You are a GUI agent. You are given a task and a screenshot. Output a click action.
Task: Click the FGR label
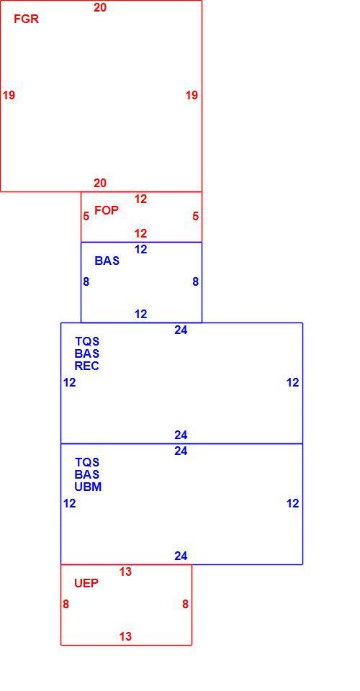pyautogui.click(x=26, y=19)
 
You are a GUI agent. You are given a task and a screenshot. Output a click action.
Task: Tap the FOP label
pyautogui.click(x=107, y=211)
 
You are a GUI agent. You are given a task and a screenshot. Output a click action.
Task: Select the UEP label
pyautogui.click(x=86, y=583)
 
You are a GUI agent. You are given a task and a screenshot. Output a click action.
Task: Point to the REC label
pyautogui.click(x=87, y=366)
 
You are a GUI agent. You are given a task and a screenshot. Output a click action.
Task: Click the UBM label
pyautogui.click(x=88, y=487)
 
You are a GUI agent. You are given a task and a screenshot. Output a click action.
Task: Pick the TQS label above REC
pyautogui.click(x=87, y=341)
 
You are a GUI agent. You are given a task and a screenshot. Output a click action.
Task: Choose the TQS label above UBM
pyautogui.click(x=87, y=463)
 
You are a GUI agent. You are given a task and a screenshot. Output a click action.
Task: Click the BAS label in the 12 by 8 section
pyautogui.click(x=107, y=261)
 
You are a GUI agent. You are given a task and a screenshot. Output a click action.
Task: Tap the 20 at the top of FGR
pyautogui.click(x=100, y=7)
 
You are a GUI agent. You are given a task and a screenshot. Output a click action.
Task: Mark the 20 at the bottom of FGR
pyautogui.click(x=100, y=184)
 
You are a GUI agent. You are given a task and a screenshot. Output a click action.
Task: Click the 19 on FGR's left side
pyautogui.click(x=9, y=95)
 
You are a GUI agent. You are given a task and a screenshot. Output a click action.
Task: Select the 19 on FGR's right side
pyautogui.click(x=192, y=95)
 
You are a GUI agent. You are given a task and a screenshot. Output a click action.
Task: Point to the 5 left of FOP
pyautogui.click(x=86, y=217)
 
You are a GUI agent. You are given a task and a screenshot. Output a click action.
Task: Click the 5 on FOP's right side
pyautogui.click(x=196, y=217)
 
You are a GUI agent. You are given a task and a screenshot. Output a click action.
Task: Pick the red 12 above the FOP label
pyautogui.click(x=140, y=199)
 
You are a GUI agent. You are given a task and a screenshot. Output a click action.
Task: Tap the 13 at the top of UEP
pyautogui.click(x=125, y=572)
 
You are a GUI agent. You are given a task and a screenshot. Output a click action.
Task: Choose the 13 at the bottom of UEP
pyautogui.click(x=125, y=636)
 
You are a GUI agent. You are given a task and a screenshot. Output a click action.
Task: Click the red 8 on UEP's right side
pyautogui.click(x=186, y=604)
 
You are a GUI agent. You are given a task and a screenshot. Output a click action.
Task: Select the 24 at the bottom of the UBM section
pyautogui.click(x=181, y=556)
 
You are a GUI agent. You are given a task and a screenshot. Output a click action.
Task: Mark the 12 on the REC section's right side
pyautogui.click(x=293, y=382)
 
